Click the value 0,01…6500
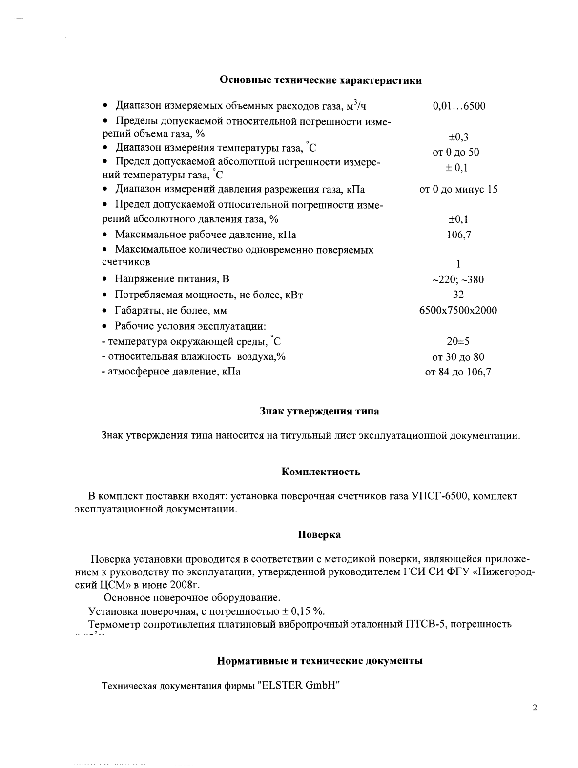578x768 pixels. pos(459,106)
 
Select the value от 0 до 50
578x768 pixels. pos(456,152)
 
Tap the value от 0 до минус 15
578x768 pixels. pos(458,189)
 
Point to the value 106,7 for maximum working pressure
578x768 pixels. pos(458,235)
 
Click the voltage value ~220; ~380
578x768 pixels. pos(458,280)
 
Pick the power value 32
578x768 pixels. pos(458,295)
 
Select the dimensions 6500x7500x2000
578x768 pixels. pos(458,310)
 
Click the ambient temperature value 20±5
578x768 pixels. pos(458,341)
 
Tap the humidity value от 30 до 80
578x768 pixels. pos(458,357)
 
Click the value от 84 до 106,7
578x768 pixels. pos(458,372)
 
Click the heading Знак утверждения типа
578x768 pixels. pos(319,411)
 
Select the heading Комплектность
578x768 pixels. pos(321,472)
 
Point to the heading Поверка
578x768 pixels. pos(319,534)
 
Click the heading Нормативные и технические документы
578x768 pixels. pos(319,661)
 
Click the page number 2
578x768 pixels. pos(535,708)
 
